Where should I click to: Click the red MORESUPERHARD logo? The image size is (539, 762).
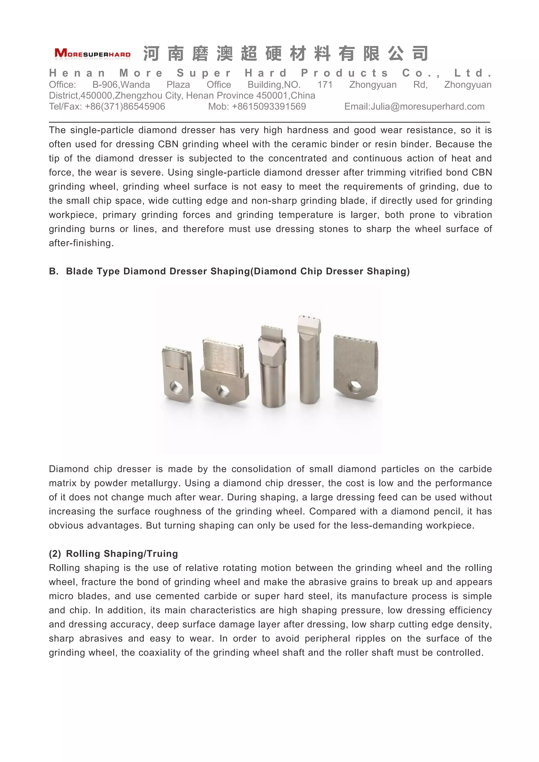[x=92, y=53]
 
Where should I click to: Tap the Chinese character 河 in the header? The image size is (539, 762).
[x=151, y=54]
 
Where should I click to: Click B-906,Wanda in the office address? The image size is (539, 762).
[x=121, y=85]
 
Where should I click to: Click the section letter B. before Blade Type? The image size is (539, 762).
[x=53, y=271]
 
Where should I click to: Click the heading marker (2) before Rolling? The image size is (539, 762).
[x=55, y=554]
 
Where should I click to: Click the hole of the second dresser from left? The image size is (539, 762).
[x=223, y=391]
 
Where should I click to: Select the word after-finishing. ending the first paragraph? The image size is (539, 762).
[x=81, y=243]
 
